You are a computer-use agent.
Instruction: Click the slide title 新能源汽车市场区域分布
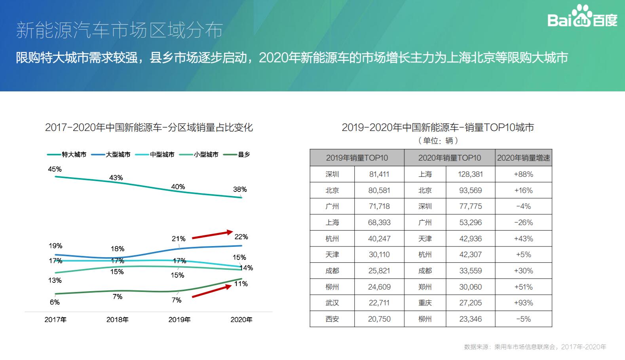[119, 30]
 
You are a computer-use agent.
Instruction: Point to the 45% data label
[55, 169]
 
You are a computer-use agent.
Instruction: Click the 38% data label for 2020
[239, 189]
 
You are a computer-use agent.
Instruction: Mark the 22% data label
[241, 237]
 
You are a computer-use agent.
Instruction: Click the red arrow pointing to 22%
[213, 235]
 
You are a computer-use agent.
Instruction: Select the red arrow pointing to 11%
[212, 291]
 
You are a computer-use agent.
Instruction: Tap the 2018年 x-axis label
[117, 320]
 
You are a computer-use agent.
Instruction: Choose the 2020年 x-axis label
[241, 320]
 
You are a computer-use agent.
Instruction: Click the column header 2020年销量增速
[523, 158]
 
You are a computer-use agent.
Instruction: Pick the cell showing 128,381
[470, 174]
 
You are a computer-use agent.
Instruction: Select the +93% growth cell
[523, 303]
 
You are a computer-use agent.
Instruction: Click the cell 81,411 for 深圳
[379, 174]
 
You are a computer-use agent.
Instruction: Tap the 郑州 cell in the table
[425, 287]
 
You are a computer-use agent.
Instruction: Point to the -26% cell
[523, 223]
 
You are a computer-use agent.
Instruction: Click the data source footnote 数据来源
[535, 347]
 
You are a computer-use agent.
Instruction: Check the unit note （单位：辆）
[438, 141]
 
